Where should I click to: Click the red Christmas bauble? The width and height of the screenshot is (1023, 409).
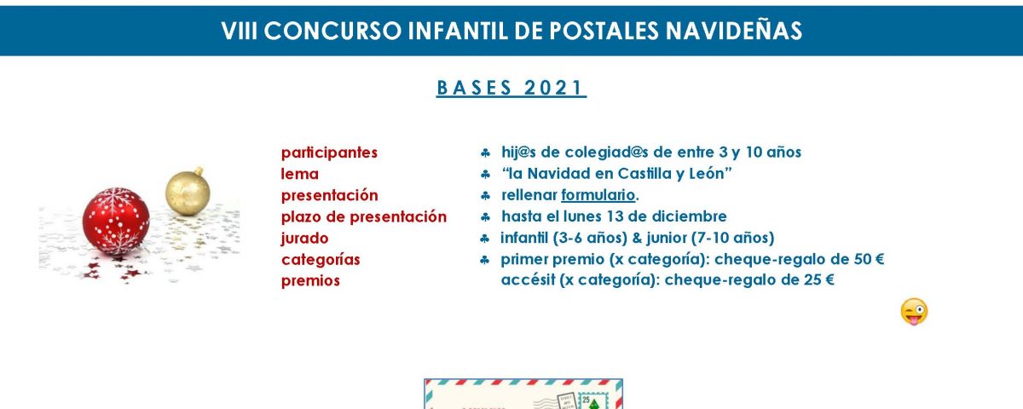pyautogui.click(x=116, y=221)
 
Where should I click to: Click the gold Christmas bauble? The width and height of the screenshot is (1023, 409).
pyautogui.click(x=188, y=191)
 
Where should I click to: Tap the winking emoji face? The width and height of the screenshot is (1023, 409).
pyautogui.click(x=914, y=312)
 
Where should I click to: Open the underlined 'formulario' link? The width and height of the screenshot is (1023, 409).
pyautogui.click(x=598, y=195)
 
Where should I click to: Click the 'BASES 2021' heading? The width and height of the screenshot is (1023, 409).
pyautogui.click(x=511, y=88)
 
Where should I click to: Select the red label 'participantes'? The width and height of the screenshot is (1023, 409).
pyautogui.click(x=329, y=153)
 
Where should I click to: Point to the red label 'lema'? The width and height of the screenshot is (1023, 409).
pyautogui.click(x=299, y=174)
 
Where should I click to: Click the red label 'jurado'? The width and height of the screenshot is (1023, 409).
pyautogui.click(x=304, y=239)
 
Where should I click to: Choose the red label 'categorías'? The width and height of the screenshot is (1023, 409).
pyautogui.click(x=321, y=259)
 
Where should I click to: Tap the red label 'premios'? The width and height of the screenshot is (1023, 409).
pyautogui.click(x=310, y=280)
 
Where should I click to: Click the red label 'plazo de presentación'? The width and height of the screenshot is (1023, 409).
pyautogui.click(x=363, y=216)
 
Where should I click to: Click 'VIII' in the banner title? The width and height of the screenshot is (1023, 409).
pyautogui.click(x=240, y=31)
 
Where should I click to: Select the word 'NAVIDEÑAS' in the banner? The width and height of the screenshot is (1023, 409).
pyautogui.click(x=733, y=30)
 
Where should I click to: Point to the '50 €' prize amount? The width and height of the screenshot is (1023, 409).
pyautogui.click(x=869, y=259)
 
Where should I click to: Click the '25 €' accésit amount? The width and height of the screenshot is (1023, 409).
pyautogui.click(x=819, y=279)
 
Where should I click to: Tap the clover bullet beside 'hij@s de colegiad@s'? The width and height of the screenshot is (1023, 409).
pyautogui.click(x=485, y=153)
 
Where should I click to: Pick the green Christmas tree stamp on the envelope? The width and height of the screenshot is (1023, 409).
pyautogui.click(x=593, y=402)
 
